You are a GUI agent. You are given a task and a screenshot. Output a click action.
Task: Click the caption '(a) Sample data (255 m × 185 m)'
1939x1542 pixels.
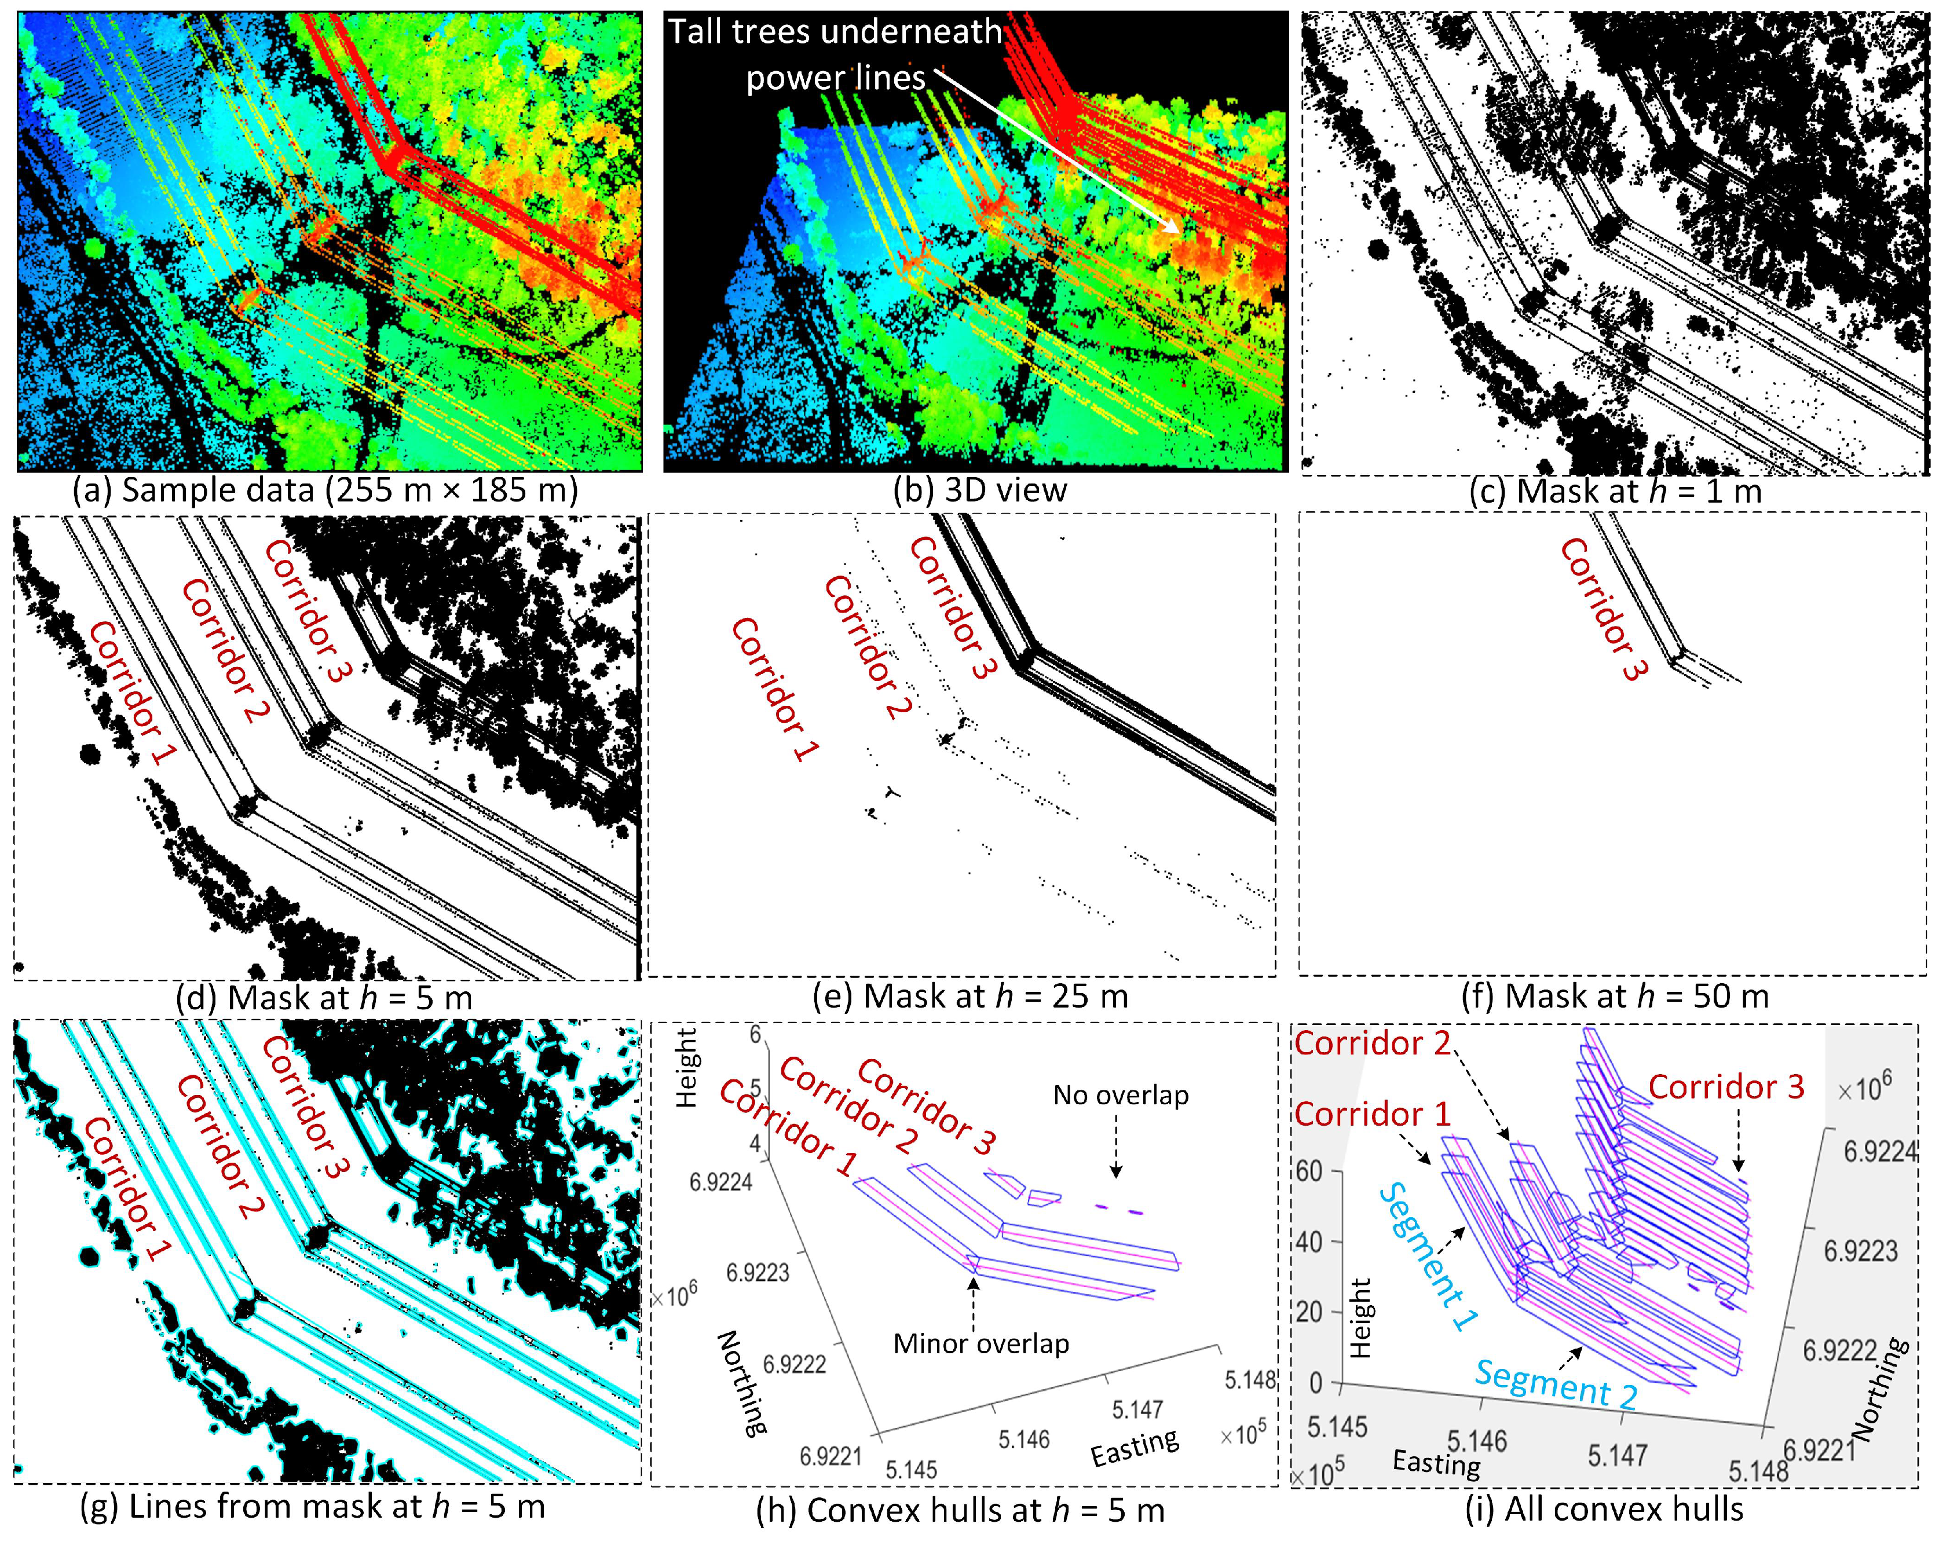tap(325, 491)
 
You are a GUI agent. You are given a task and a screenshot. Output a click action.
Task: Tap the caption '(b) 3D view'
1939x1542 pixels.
tap(979, 491)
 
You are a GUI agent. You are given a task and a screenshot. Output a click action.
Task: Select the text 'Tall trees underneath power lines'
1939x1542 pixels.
tap(835, 55)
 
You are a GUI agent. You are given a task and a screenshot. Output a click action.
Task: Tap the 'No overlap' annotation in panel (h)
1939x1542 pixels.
tap(1121, 1095)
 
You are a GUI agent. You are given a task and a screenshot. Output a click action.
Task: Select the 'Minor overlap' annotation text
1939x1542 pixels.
tap(981, 1344)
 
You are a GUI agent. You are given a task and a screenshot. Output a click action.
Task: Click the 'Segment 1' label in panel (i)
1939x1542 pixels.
tap(1430, 1256)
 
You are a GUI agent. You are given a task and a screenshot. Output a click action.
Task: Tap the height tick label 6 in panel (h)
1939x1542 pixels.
tap(755, 1034)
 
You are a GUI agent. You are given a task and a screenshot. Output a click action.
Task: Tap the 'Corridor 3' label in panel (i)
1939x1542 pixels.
tap(1726, 1087)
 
